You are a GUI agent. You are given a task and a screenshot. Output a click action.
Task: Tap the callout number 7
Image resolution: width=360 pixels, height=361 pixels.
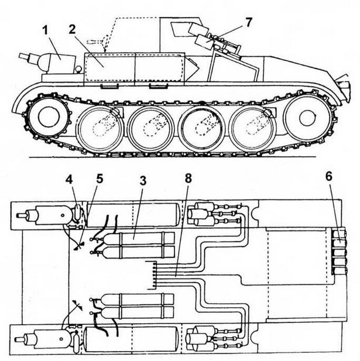tap(248, 23)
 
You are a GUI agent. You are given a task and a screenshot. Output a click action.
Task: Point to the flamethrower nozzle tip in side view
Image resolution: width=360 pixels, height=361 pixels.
tap(22, 57)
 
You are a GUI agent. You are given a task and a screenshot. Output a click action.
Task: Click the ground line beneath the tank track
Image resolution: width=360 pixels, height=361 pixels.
tap(176, 159)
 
